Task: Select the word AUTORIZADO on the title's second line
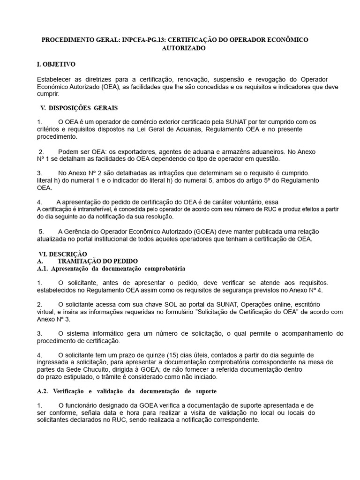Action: coord(183,48)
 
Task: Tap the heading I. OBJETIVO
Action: coord(56,64)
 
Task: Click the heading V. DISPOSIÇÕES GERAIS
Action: coord(79,108)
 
